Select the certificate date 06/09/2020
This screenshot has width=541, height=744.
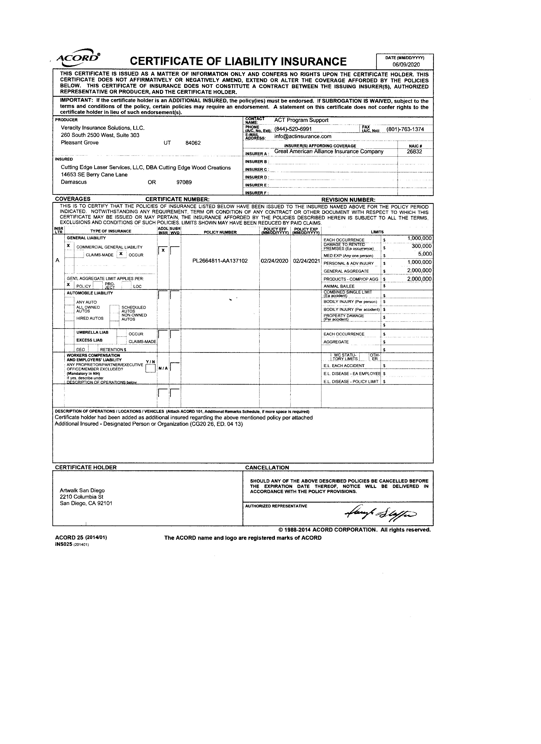pos(406,65)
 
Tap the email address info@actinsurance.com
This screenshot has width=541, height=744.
pos(303,136)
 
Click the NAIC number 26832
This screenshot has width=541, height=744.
pos(414,151)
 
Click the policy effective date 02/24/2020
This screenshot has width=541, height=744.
pos(274,261)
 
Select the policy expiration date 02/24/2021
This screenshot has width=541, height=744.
pos(306,261)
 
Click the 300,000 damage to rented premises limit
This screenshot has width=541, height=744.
pos(422,246)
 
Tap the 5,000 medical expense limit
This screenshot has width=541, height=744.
pos(425,254)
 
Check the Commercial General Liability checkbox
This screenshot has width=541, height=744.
pos(68,246)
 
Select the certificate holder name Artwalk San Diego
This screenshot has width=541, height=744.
pos(82,490)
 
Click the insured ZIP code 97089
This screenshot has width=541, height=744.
pos(184,182)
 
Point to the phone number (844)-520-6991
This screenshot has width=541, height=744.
pos(293,129)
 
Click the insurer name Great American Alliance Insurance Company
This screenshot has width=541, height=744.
pos(329,151)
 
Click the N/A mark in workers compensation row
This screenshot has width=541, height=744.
pos(163,368)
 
